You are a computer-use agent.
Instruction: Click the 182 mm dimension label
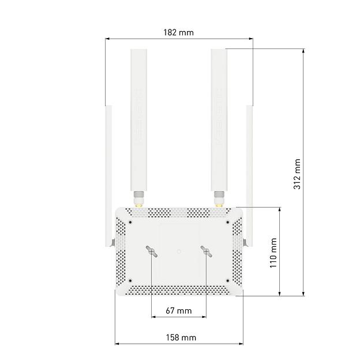tap(178, 32)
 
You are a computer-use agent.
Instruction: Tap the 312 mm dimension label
tap(297, 174)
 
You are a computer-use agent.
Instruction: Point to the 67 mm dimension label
tap(178, 310)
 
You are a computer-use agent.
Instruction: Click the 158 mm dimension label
tap(181, 337)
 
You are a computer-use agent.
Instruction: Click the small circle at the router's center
tap(179, 251)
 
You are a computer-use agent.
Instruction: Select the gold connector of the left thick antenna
tap(138, 202)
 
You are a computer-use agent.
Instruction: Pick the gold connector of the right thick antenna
tap(219, 202)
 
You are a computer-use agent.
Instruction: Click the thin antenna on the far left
tap(108, 173)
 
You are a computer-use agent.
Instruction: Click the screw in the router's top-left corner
tap(131, 222)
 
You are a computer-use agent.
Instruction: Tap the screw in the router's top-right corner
tap(227, 222)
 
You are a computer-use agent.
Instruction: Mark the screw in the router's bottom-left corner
tap(131, 281)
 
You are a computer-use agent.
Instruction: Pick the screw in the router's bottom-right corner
tap(227, 281)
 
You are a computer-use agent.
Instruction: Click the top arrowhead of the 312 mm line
tap(303, 51)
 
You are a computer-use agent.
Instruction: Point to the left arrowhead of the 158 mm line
tap(117, 344)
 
